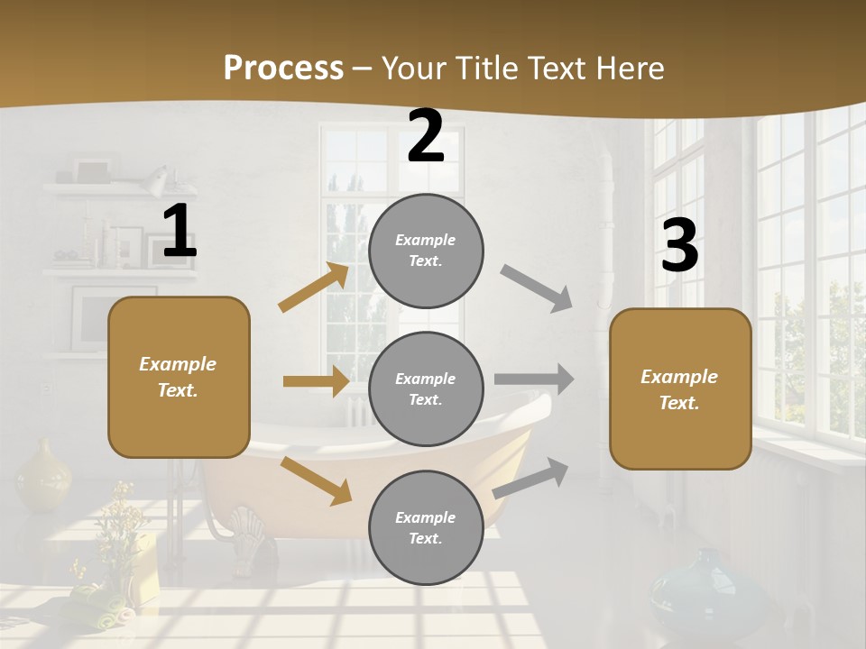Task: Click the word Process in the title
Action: coord(283,68)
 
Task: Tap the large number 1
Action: coord(179,232)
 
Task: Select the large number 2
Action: coord(426,136)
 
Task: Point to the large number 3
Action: coord(679,246)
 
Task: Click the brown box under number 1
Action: coord(179,377)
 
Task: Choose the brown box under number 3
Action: coord(680,388)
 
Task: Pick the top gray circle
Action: coord(426,251)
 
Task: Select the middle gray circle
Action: coord(426,388)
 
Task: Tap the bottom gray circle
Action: coord(426,527)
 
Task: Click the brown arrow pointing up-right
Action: coord(314,288)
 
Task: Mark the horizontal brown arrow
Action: coord(316,381)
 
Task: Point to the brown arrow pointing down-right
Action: coord(316,480)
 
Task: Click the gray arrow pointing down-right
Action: coord(537,288)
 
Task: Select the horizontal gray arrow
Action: coord(534,379)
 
